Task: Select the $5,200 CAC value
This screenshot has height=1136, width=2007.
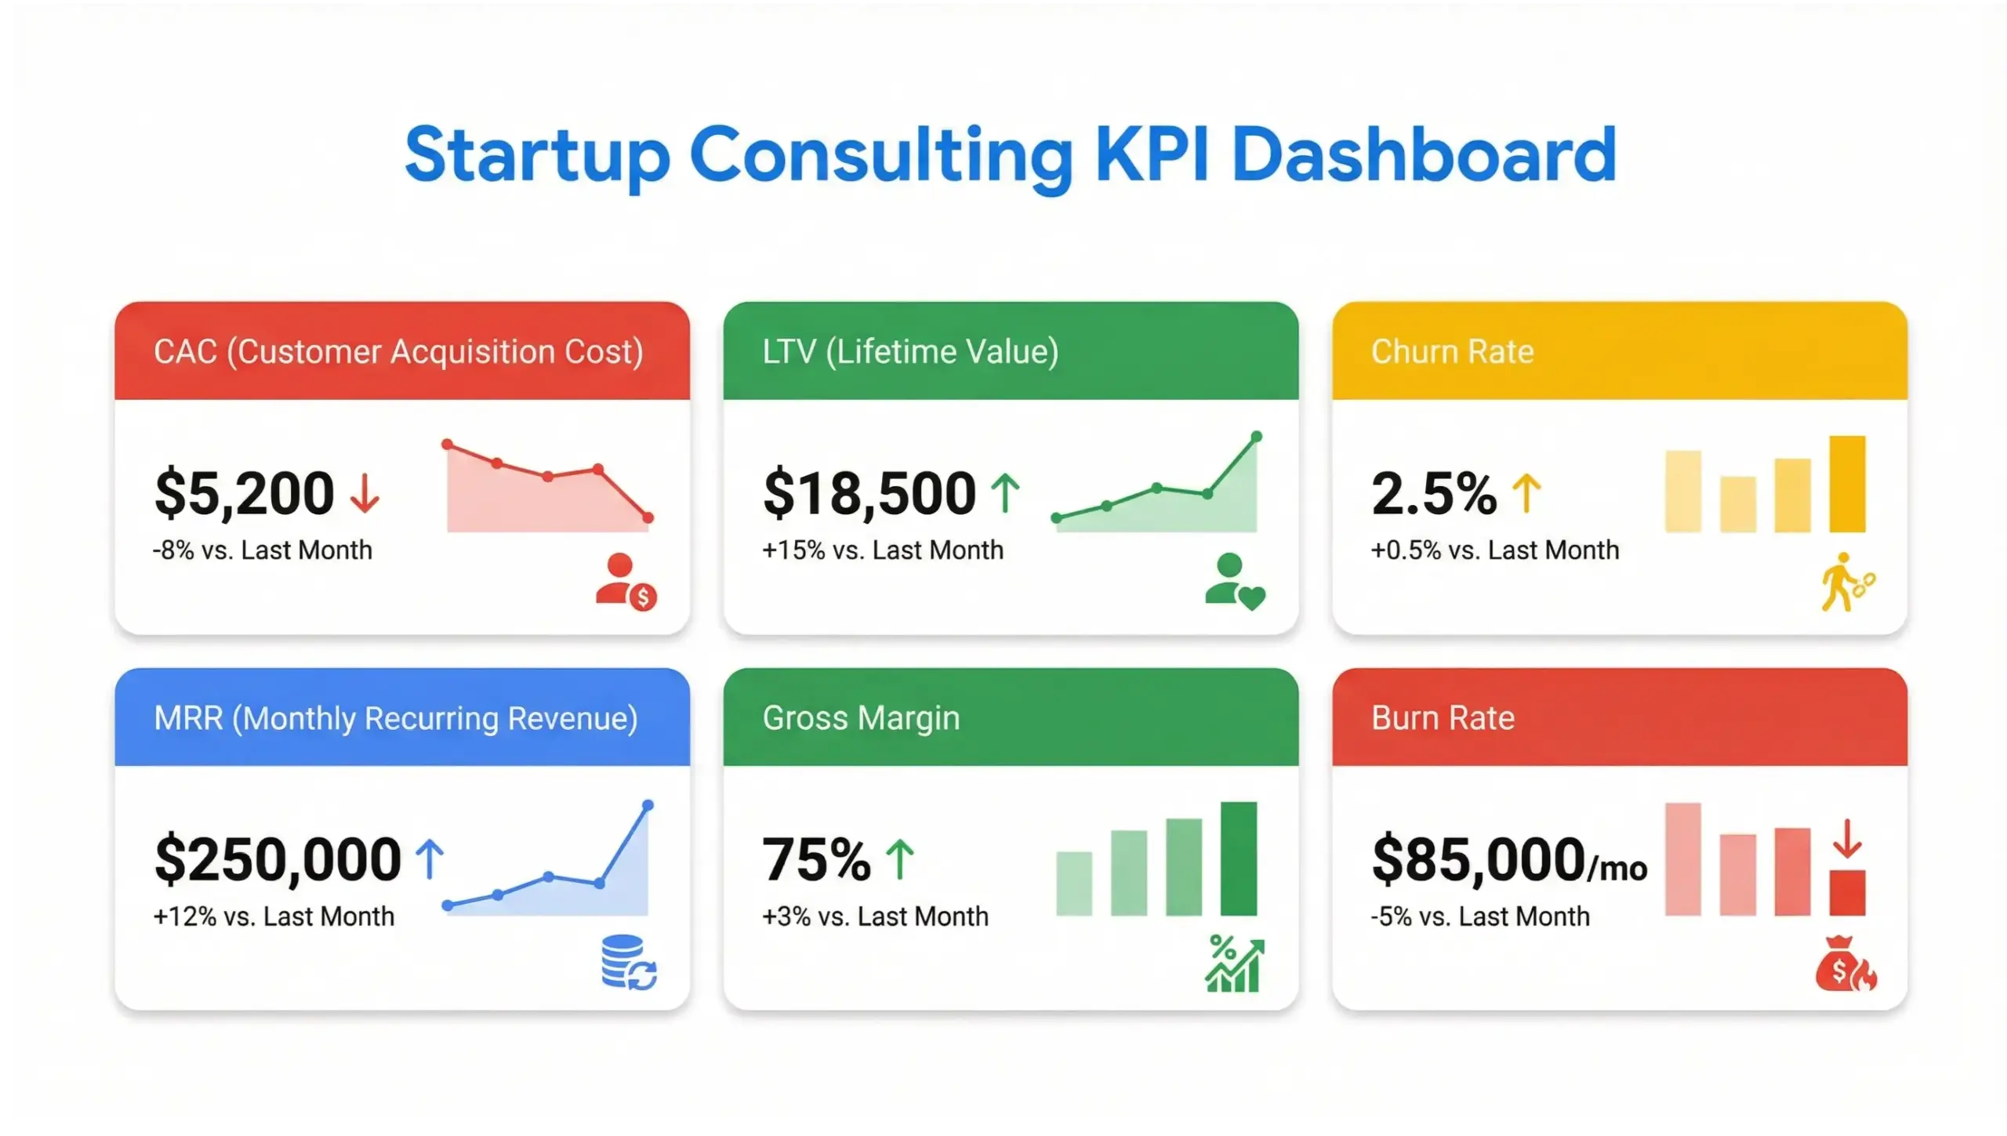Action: pyautogui.click(x=244, y=493)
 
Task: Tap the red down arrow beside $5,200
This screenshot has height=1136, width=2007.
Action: pyautogui.click(x=365, y=493)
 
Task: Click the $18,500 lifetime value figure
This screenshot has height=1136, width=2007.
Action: pyautogui.click(x=869, y=493)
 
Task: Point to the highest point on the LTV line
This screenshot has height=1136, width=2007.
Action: pyautogui.click(x=1256, y=437)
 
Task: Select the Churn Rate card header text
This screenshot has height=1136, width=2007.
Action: pyautogui.click(x=1452, y=351)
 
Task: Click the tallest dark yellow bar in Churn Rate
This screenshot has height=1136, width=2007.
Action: pyautogui.click(x=1847, y=484)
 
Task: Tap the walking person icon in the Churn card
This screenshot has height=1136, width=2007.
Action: pyautogui.click(x=1845, y=582)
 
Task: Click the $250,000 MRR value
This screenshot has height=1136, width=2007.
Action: pyautogui.click(x=278, y=859)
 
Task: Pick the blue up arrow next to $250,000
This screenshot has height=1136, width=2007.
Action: pyautogui.click(x=429, y=858)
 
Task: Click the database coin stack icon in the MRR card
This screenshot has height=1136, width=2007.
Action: pyautogui.click(x=628, y=963)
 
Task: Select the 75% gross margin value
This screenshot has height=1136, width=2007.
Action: pyautogui.click(x=815, y=859)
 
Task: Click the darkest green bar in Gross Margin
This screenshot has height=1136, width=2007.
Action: pyautogui.click(x=1238, y=858)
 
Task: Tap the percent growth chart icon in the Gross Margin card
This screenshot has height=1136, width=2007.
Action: pyautogui.click(x=1234, y=964)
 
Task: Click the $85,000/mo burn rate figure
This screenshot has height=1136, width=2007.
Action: pyautogui.click(x=1508, y=859)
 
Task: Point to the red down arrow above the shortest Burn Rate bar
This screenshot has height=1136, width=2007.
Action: pyautogui.click(x=1847, y=838)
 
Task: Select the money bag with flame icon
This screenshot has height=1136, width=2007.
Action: pyautogui.click(x=1845, y=964)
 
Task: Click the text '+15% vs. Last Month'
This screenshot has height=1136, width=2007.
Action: pyautogui.click(x=882, y=550)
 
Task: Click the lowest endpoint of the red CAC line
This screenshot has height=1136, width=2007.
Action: pyautogui.click(x=648, y=517)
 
